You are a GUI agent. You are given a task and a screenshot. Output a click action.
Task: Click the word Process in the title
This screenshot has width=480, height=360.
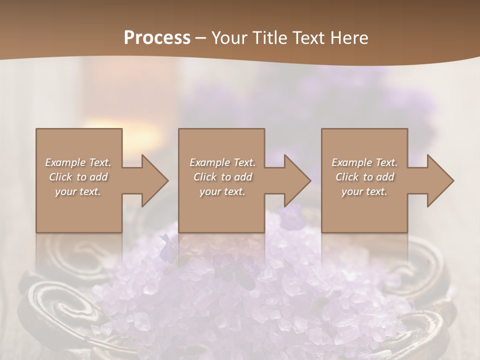coord(157,37)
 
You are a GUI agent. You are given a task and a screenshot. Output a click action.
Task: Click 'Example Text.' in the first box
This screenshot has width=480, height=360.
coord(78,162)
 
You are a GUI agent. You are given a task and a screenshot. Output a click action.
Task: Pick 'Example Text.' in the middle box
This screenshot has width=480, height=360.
coord(222,162)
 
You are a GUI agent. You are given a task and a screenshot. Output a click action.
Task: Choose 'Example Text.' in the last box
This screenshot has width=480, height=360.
coord(364,162)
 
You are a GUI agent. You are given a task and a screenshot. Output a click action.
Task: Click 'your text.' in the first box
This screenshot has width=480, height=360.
coord(78,191)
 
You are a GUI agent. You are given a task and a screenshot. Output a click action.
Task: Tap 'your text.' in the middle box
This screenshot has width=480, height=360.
coord(222,191)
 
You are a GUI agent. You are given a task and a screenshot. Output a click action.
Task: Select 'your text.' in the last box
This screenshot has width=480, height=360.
coord(364,191)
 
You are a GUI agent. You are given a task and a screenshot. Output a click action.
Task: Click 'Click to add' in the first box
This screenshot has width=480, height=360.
coord(78,177)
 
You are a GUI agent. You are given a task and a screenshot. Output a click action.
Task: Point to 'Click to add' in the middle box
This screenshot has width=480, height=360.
coord(222,177)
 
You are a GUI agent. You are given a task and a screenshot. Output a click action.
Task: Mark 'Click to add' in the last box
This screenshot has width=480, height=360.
coord(364,177)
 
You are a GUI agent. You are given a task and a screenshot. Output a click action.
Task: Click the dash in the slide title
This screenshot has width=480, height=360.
coord(200,38)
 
